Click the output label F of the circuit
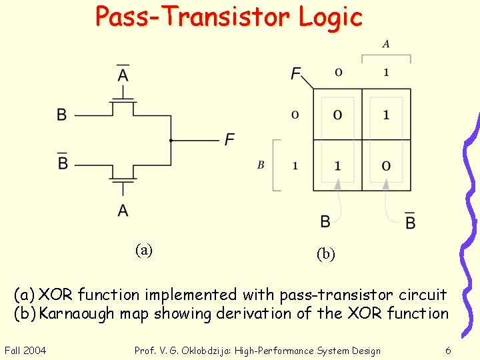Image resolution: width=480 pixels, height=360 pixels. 229,139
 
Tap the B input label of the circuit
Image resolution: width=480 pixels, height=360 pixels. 61,115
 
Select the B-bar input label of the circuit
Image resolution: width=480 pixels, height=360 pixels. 63,162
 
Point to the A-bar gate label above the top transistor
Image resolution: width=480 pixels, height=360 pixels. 123,74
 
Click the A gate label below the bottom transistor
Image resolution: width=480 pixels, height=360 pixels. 123,211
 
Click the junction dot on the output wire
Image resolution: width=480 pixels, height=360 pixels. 171,141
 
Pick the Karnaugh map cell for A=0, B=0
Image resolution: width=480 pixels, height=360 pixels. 337,115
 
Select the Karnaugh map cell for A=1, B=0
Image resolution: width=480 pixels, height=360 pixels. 386,115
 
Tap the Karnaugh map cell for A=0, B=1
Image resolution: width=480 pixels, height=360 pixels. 337,165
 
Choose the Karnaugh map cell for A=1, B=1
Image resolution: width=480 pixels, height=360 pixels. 386,165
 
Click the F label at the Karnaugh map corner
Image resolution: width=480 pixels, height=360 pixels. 295,73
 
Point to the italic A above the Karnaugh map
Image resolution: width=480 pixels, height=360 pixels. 386,45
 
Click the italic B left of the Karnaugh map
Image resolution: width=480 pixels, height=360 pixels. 261,165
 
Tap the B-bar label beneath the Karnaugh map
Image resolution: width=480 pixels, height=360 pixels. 410,221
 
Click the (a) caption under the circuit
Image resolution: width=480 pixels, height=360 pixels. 143,250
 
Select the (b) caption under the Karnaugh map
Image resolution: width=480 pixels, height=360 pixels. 326,254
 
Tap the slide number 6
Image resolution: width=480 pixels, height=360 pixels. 448,351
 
